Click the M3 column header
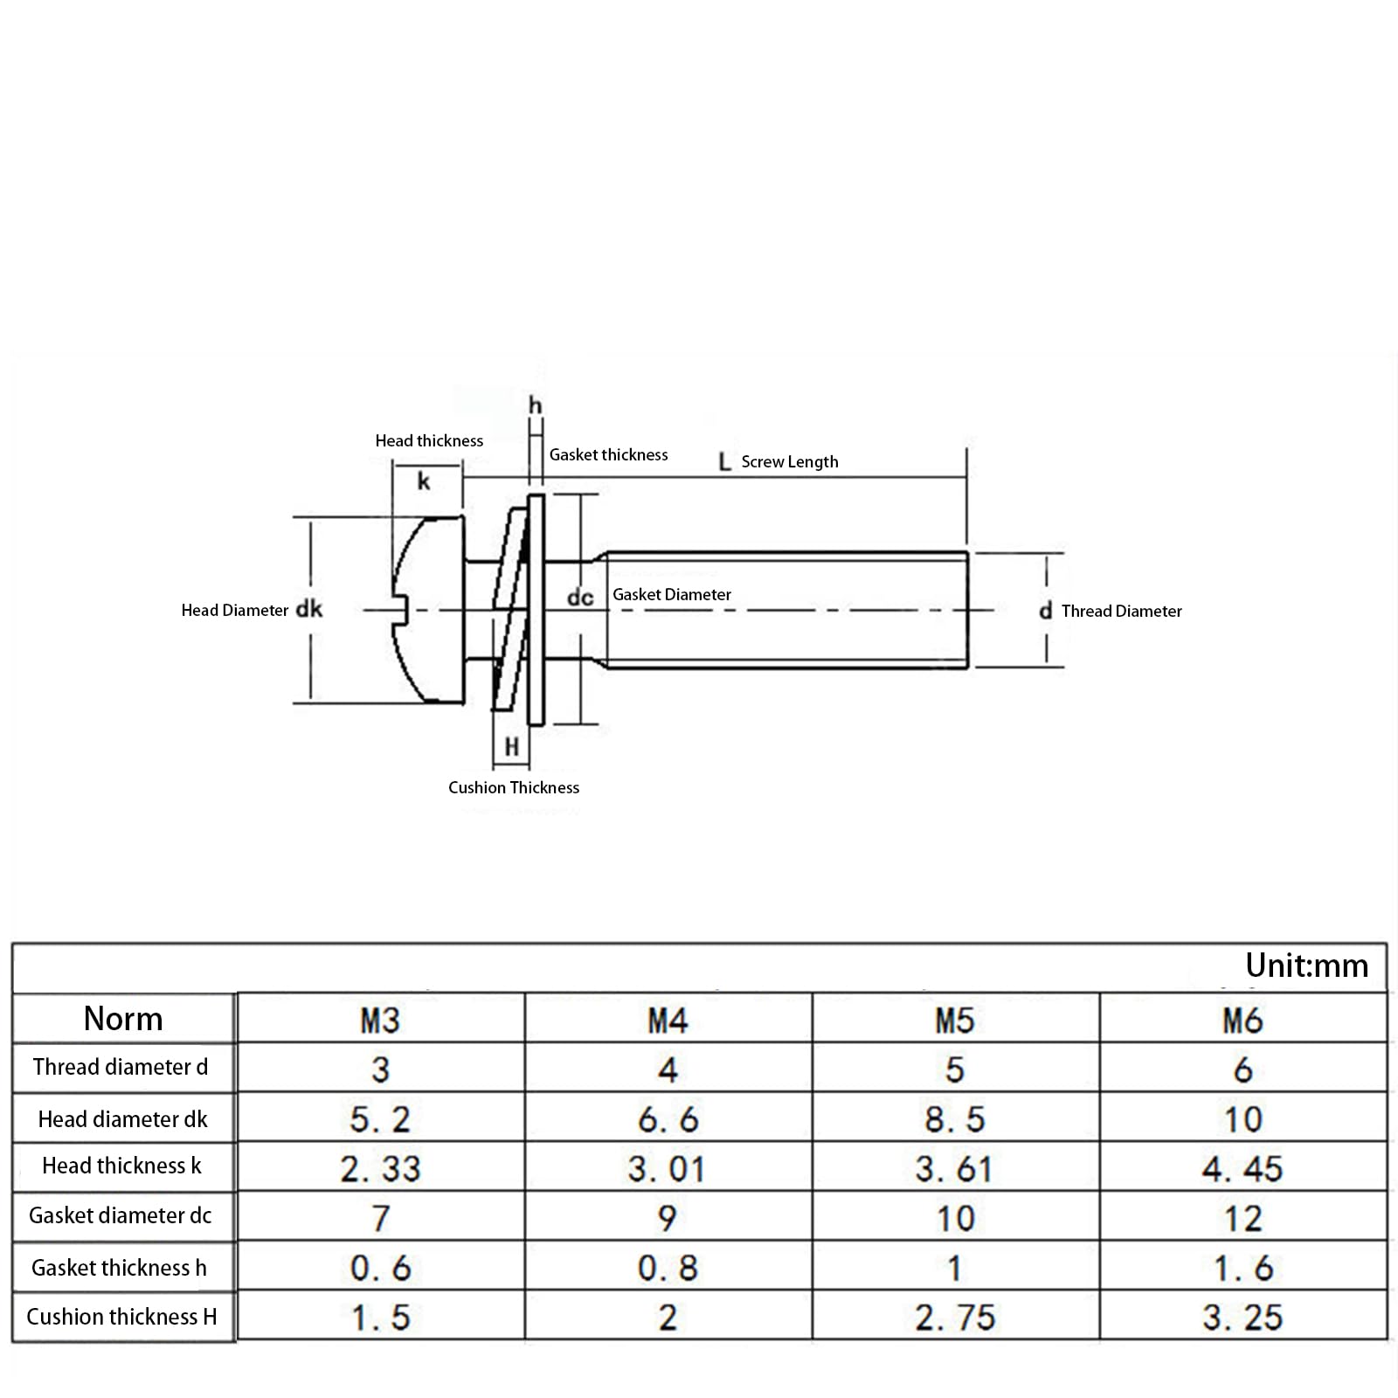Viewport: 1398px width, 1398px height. click(380, 1021)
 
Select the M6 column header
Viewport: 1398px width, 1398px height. click(1242, 1021)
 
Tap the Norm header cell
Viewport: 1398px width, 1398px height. click(123, 1019)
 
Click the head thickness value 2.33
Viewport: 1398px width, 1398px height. click(380, 1169)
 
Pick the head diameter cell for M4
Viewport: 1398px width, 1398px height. click(668, 1119)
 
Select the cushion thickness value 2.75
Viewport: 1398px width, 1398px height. click(955, 1318)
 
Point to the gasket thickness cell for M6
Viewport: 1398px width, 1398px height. click(1242, 1268)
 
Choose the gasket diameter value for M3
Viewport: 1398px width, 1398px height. click(380, 1218)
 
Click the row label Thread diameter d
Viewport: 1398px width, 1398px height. click(121, 1067)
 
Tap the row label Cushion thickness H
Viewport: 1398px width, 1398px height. click(121, 1317)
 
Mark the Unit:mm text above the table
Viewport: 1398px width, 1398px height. click(1306, 965)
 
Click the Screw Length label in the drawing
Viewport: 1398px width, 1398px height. click(790, 461)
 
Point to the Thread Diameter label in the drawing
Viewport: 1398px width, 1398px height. click(1122, 611)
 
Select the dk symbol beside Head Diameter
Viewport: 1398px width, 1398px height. click(309, 609)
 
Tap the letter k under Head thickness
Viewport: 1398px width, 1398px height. click(424, 481)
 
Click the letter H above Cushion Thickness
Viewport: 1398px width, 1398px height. click(512, 747)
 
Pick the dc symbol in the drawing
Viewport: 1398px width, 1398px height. click(580, 597)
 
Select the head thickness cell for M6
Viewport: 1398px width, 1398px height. click(1242, 1169)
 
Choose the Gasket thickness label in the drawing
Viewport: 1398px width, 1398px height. click(608, 454)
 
